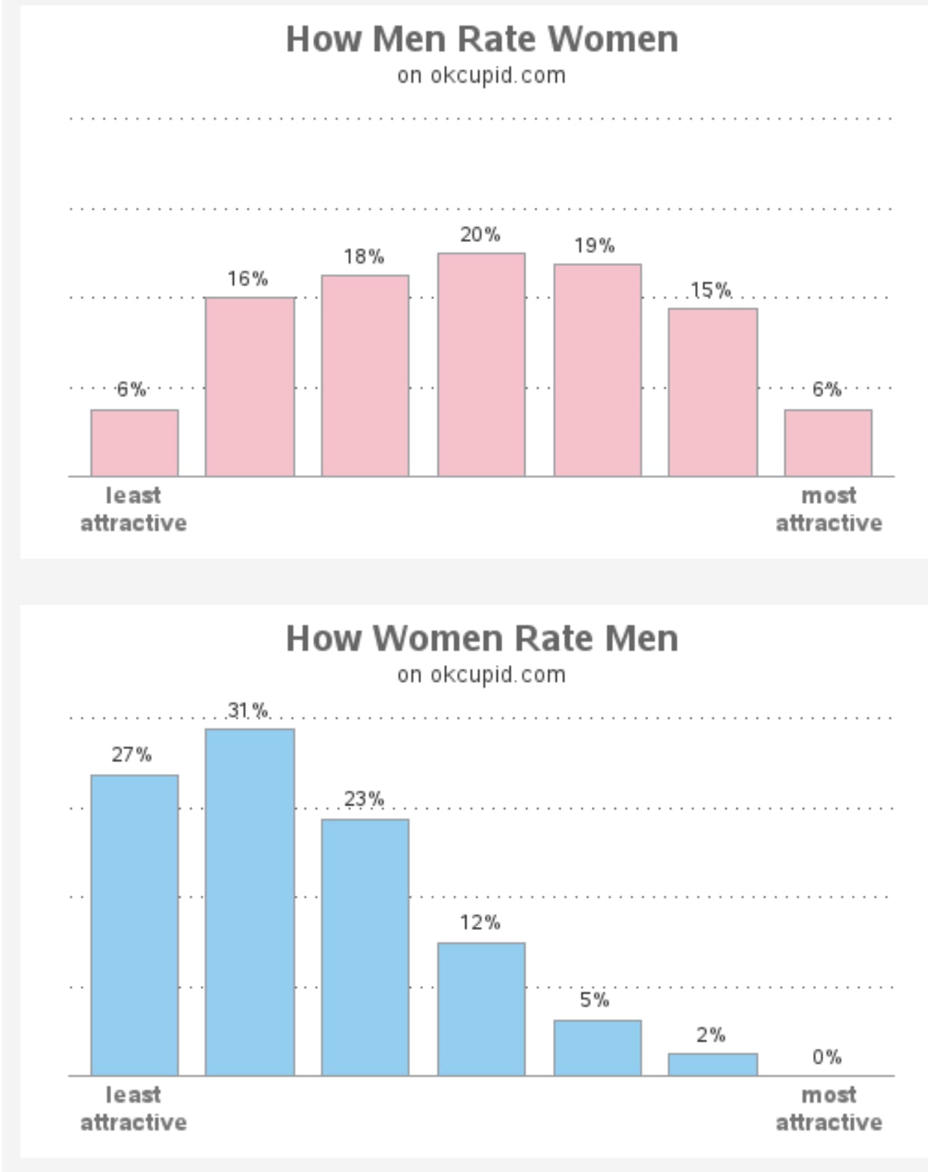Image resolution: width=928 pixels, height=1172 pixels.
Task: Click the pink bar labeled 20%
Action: tap(481, 365)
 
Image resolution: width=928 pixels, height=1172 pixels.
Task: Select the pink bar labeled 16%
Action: tap(250, 387)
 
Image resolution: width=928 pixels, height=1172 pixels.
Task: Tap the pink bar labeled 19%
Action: tap(597, 370)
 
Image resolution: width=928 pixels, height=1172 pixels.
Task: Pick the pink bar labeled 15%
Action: tap(713, 392)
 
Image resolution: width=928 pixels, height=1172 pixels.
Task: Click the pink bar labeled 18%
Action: tap(365, 376)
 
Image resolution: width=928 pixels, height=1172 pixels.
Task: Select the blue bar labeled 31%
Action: tap(250, 902)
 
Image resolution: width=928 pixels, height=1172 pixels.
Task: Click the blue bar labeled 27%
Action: tap(134, 925)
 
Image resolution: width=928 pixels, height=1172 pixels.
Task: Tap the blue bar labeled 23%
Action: tap(365, 947)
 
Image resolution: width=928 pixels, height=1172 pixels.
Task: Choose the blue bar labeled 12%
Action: tap(481, 1009)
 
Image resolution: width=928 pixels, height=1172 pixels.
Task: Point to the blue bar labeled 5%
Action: tap(597, 1048)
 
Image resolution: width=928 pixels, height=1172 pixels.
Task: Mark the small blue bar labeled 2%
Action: tap(713, 1064)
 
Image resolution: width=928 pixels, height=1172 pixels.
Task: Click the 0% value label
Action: tap(826, 1057)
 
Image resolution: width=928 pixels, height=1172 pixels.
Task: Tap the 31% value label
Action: tap(248, 710)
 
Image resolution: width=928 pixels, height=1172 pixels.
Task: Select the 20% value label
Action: tap(480, 235)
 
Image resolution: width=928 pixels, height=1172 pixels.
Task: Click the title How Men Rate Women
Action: tap(482, 39)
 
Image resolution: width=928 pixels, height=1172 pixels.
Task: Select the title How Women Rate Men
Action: tap(482, 638)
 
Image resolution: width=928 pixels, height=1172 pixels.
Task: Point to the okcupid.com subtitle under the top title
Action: tap(481, 75)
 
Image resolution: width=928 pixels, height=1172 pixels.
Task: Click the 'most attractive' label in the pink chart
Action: tap(829, 509)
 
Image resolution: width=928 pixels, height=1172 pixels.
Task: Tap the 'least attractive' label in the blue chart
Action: tap(134, 1109)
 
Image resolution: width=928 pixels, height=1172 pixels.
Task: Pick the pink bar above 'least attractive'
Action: tap(134, 443)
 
